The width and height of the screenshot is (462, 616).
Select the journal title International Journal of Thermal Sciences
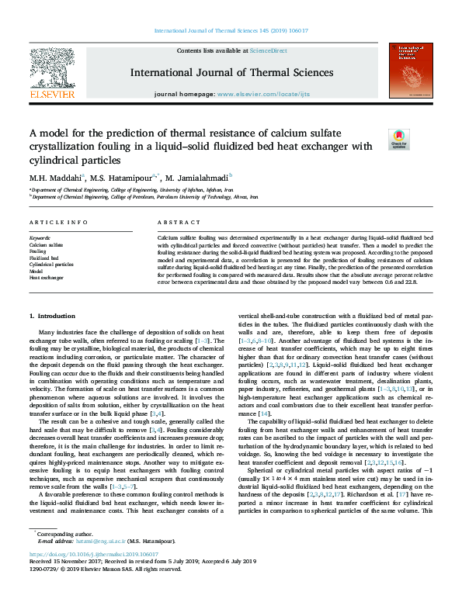pos(232,73)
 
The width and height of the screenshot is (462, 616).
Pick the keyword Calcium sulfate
pos(45,244)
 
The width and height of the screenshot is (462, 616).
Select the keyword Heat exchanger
pos(46,277)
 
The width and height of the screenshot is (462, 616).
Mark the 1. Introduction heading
pos(52,316)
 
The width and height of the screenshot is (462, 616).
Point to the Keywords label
pos(40,237)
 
